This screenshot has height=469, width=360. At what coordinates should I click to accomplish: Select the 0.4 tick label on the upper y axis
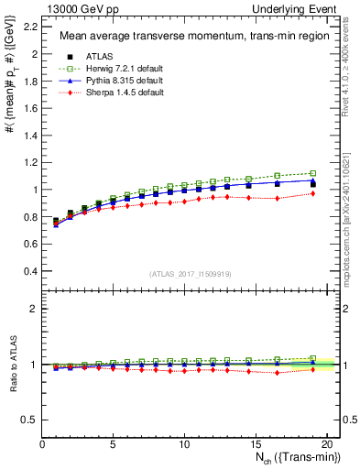[29, 271]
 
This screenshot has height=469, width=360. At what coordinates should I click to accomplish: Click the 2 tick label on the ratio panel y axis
[34, 309]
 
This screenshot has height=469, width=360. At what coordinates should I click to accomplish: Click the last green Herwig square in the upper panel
[313, 173]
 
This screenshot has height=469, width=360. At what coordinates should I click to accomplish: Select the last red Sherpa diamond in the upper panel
[313, 193]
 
